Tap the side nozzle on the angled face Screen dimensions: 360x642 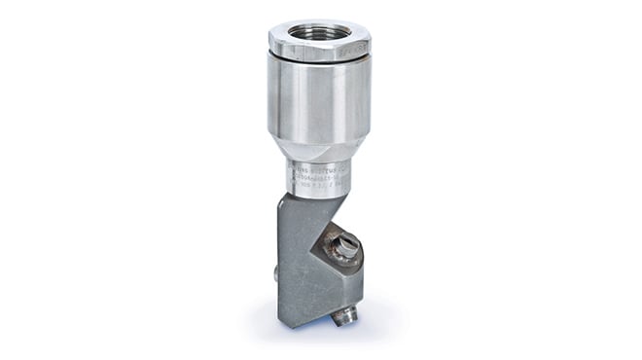[342, 245]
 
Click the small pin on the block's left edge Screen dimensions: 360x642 [276, 275]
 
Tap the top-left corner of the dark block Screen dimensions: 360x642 [283, 195]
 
